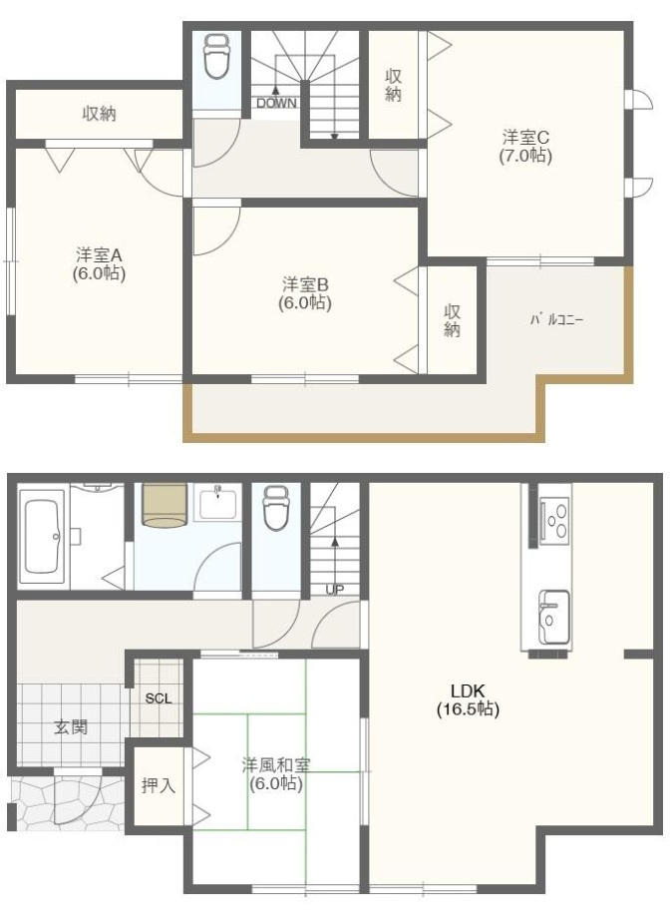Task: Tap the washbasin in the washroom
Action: pos(218,503)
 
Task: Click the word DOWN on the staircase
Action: pos(275,102)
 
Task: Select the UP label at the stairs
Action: pos(335,590)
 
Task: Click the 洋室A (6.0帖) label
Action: pos(99,263)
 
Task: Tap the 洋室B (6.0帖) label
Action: pos(305,292)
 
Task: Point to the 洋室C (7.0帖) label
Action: pos(525,147)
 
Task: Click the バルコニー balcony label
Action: pos(556,320)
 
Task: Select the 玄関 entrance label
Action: pos(70,727)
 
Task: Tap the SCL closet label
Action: pos(159,698)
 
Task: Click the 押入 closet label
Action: pos(158,785)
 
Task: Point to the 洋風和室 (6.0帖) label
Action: pos(276,774)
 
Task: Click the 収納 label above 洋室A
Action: pos(99,114)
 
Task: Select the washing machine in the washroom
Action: pos(164,504)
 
